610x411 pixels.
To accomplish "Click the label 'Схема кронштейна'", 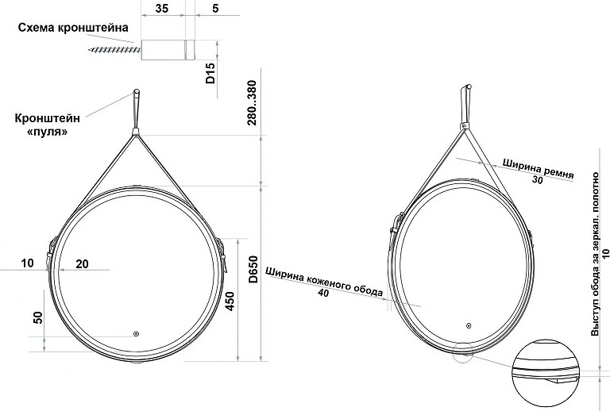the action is [x=73, y=28].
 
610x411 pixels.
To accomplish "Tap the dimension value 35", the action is [x=162, y=8].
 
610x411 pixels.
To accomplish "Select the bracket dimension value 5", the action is [x=215, y=8].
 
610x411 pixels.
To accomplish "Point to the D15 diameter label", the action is [x=210, y=74].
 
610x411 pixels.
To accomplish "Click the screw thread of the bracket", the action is [x=114, y=50].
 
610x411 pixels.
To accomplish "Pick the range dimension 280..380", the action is [x=253, y=102].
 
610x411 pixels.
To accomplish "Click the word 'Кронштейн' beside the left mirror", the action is [x=48, y=118].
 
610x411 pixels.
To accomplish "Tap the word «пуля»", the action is [x=48, y=132].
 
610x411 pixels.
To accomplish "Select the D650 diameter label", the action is [x=253, y=269].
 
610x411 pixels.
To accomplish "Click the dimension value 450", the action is [x=230, y=301].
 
